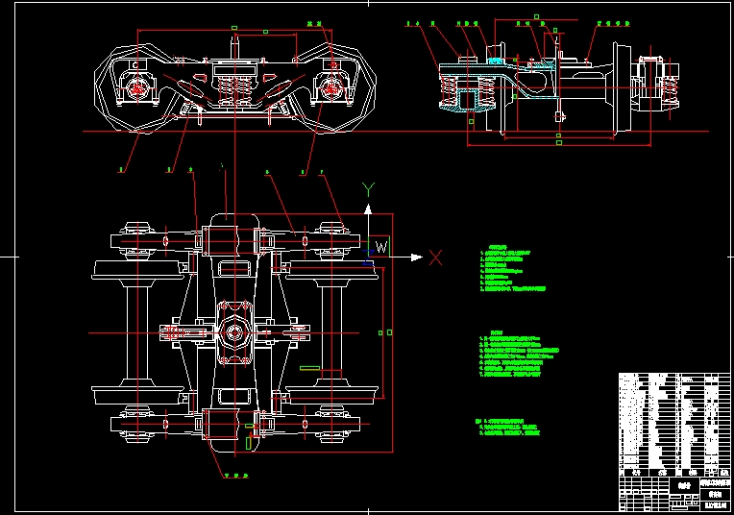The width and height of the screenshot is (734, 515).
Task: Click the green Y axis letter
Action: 367,189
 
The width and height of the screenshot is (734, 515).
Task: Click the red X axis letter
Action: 435,257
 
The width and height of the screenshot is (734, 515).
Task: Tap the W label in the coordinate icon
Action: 380,248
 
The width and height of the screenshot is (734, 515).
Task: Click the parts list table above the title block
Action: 669,419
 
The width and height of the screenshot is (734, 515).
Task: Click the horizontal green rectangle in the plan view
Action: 310,367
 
